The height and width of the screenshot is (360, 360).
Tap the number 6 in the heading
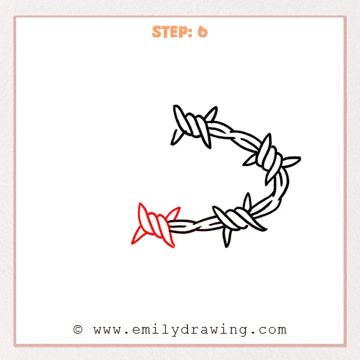(202, 32)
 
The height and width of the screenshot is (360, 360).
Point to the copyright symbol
(77, 329)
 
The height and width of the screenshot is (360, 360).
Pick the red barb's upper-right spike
(174, 213)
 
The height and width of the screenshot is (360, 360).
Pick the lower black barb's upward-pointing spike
(246, 200)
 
